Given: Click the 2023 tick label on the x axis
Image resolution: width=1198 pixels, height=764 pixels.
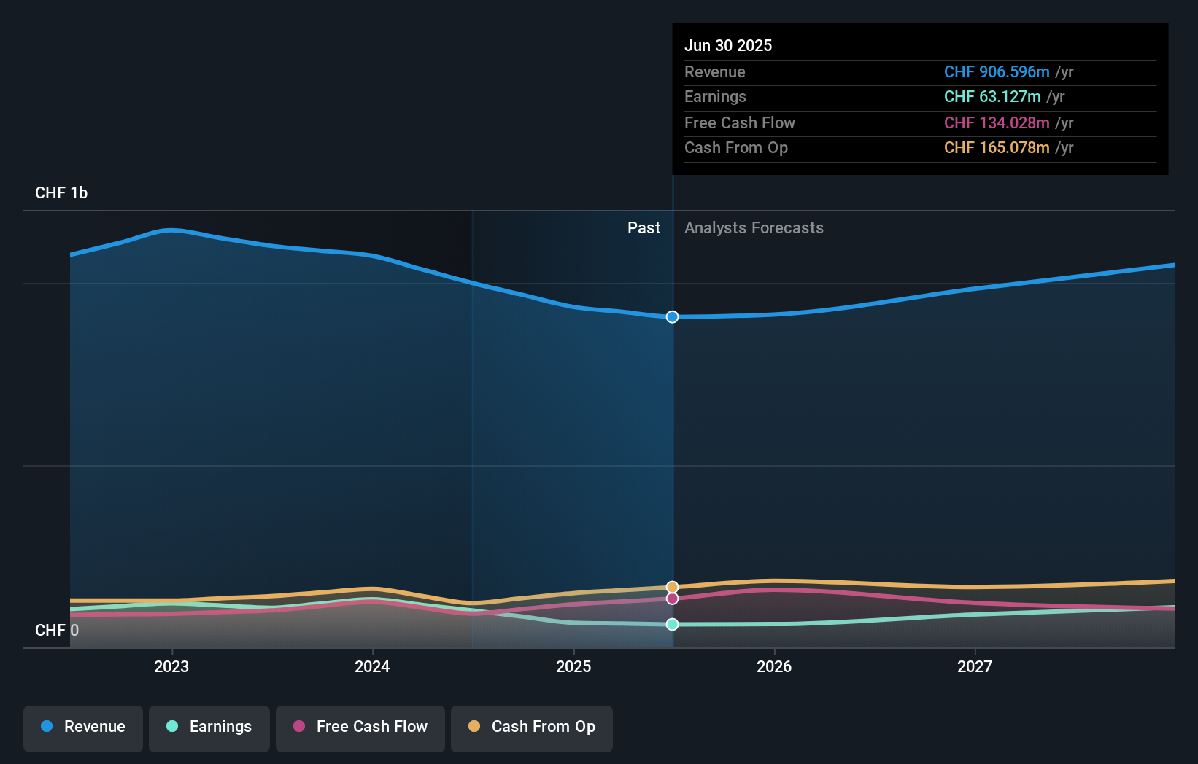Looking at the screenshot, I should [171, 666].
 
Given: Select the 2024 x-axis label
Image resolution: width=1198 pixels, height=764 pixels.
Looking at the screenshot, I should [372, 666].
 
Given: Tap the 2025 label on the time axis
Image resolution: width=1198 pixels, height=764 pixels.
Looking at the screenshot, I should [573, 666].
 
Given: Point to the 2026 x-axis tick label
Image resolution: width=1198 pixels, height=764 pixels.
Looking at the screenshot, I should [774, 666].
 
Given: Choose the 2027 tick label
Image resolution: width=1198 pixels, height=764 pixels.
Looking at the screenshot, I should [975, 666].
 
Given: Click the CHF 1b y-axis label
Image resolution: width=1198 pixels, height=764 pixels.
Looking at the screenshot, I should [61, 192].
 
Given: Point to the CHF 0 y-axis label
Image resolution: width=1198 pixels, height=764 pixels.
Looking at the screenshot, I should [57, 630].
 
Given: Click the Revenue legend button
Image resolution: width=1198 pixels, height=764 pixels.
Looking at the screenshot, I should [83, 727].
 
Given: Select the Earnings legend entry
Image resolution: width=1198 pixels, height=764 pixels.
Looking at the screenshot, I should [209, 727].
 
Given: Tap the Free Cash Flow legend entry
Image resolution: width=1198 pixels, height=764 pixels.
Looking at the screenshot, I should [360, 727].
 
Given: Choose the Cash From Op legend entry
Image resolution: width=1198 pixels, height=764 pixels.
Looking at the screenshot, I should [532, 727].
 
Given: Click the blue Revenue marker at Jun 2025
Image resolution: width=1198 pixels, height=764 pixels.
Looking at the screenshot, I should [672, 317].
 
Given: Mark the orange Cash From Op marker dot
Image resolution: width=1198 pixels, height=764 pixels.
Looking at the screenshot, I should [672, 587].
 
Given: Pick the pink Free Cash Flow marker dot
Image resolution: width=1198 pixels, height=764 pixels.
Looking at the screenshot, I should [672, 599].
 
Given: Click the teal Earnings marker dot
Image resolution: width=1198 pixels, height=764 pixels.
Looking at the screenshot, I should [672, 624].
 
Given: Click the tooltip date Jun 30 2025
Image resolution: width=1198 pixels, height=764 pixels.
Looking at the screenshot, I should [728, 45].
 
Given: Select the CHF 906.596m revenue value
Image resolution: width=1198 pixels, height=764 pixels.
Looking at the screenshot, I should [997, 71].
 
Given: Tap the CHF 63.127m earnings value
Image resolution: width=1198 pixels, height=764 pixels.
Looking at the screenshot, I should [992, 96].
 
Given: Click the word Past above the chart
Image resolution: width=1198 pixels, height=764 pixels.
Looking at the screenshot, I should [644, 227].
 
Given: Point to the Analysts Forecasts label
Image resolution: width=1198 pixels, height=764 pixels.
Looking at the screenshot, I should [754, 227].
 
